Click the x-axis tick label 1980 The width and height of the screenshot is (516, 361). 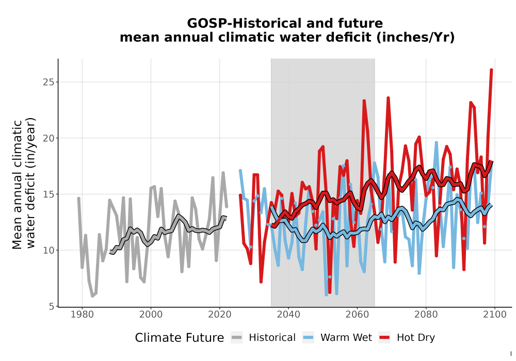click(82, 315)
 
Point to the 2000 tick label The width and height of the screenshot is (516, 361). click(151, 315)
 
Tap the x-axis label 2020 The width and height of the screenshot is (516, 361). click(219, 315)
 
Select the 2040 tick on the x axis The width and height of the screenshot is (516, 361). click(288, 315)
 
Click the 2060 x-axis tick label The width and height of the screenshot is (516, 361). click(357, 315)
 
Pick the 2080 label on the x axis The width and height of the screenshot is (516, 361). click(426, 315)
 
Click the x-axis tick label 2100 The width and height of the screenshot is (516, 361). click(495, 315)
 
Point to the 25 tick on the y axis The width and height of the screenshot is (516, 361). click(49, 82)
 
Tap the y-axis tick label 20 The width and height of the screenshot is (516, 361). click(49, 138)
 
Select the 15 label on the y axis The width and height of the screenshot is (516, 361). click(49, 194)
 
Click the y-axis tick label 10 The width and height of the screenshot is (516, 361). click(49, 250)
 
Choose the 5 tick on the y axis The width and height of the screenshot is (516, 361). click(51, 306)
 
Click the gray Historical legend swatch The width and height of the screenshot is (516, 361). click(237, 338)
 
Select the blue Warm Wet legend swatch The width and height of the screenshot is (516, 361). click(308, 338)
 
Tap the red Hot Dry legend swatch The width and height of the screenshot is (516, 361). click(384, 338)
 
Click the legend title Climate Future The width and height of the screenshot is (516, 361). click(180, 338)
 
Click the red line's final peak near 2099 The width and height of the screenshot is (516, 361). click(491, 70)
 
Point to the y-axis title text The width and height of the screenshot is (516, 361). click(23, 184)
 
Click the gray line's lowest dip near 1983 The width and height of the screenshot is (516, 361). click(92, 296)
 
